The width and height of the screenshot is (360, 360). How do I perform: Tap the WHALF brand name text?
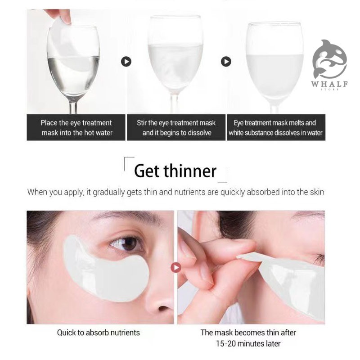329,84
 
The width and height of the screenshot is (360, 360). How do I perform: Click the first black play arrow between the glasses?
126,62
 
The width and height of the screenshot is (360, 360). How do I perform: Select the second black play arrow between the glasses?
226,62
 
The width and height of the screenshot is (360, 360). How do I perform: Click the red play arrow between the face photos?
176,267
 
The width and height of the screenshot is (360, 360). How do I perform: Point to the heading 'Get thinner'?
175,171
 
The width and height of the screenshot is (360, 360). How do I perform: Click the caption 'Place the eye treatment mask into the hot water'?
76,128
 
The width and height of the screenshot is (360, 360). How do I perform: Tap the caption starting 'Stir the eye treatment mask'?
176,128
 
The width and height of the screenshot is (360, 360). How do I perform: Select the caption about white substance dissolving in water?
275,128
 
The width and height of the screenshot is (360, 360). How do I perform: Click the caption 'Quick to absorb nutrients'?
98,333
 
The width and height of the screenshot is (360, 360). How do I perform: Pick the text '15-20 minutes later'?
248,344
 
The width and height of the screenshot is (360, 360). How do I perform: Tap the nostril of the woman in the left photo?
162,308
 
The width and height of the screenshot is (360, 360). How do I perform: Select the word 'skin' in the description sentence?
317,192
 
